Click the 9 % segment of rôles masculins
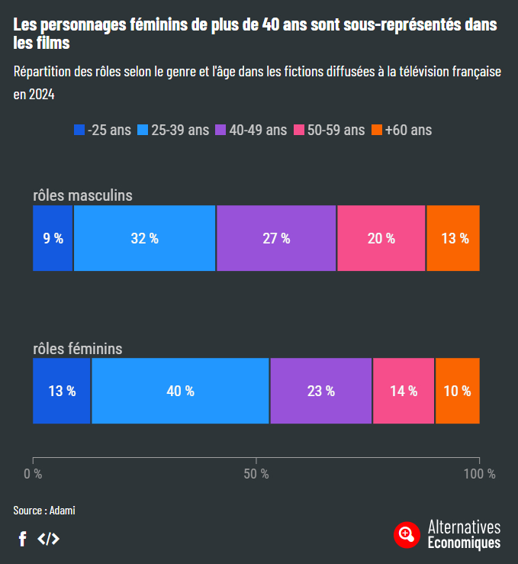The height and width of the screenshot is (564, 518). pos(53,238)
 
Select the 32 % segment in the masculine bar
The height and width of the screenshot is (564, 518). pos(144,238)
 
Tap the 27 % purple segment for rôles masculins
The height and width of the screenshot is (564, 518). pos(276,238)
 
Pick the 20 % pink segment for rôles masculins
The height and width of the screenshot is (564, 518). pos(381,238)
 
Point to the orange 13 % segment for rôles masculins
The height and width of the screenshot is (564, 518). pos(454,238)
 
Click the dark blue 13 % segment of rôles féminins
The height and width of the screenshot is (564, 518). pos(62,391)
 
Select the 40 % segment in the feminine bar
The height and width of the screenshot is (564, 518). pos(180,391)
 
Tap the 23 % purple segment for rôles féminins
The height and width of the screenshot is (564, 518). pos(320,391)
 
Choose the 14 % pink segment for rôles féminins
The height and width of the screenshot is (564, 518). pos(404,391)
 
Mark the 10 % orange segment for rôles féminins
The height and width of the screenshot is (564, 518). pos(457,391)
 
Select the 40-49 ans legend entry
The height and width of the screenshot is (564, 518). pos(252,130)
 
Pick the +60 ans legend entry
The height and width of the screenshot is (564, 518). pos(401,130)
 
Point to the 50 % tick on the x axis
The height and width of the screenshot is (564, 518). pos(256,474)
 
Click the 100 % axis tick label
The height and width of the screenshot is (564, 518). pos(479,474)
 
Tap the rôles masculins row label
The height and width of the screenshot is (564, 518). pos(82,195)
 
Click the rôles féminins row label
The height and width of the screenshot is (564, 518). pos(78,349)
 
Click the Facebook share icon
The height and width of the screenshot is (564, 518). pos(23,539)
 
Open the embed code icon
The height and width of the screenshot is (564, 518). pos(48,539)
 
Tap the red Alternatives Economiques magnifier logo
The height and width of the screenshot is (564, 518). pos(407,534)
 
